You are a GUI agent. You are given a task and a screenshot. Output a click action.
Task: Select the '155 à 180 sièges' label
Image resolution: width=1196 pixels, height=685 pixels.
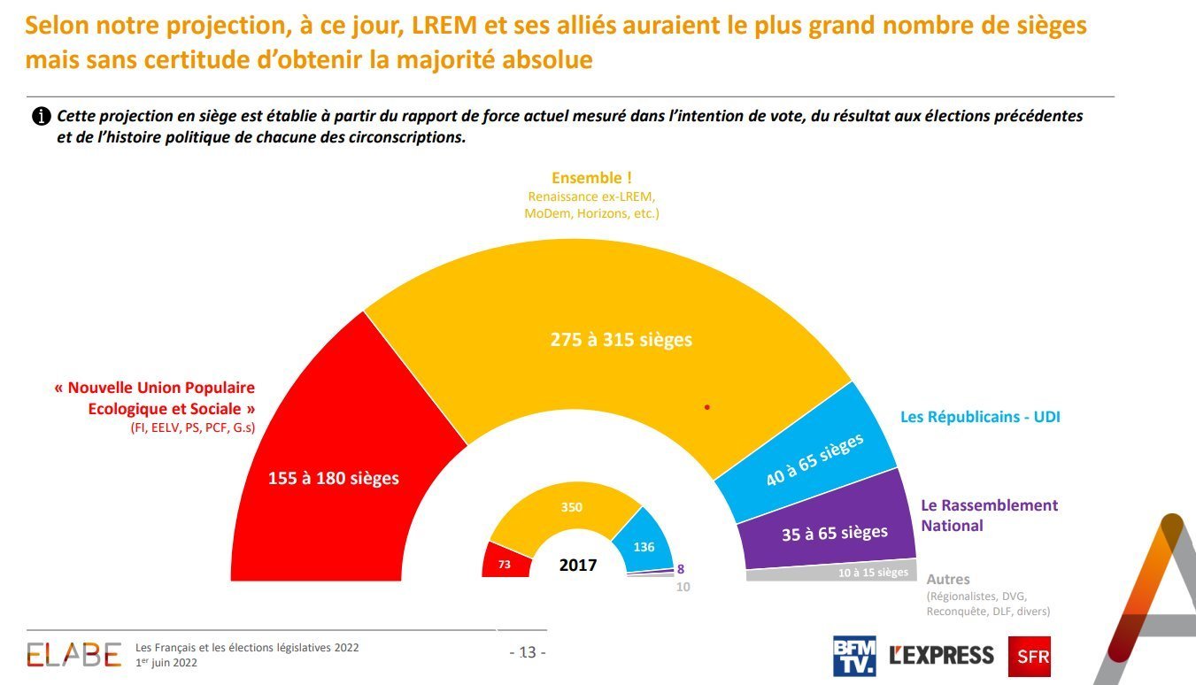point(334,478)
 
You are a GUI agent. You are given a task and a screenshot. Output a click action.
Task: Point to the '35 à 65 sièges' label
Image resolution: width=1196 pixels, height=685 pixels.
point(834,533)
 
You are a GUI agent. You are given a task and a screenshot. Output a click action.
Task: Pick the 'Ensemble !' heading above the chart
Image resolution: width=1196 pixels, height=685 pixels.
point(591,178)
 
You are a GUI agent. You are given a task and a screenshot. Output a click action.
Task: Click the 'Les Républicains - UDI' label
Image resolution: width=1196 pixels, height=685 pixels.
point(980,417)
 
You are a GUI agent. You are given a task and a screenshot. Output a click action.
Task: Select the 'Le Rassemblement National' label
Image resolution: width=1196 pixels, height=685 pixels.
point(989,515)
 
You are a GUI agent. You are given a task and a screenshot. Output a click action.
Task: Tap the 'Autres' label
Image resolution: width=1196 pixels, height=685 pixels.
point(948,580)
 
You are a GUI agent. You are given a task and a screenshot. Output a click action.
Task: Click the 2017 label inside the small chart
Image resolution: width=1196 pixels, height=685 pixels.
point(578,565)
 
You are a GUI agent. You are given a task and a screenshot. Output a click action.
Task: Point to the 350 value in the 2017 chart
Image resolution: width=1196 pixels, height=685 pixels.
point(571,507)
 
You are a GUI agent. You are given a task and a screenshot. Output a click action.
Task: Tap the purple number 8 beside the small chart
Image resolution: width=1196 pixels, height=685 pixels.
point(680,570)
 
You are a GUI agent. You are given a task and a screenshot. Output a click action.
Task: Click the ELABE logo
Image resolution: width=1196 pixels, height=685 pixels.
point(73,654)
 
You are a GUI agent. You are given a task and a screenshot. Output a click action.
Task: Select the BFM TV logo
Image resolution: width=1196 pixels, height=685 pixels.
point(854,656)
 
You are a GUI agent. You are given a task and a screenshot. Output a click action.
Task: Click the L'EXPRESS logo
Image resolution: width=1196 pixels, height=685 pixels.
point(941,656)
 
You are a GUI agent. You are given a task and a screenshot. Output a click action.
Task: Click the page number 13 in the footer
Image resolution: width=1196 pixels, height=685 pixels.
point(528,653)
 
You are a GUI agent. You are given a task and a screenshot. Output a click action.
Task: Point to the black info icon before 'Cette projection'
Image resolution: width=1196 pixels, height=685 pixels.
point(41,117)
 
